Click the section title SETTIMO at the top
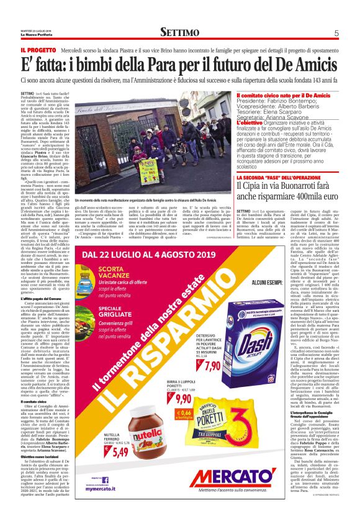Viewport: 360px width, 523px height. coord(179,32)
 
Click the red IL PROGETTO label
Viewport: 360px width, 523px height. coord(38,49)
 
